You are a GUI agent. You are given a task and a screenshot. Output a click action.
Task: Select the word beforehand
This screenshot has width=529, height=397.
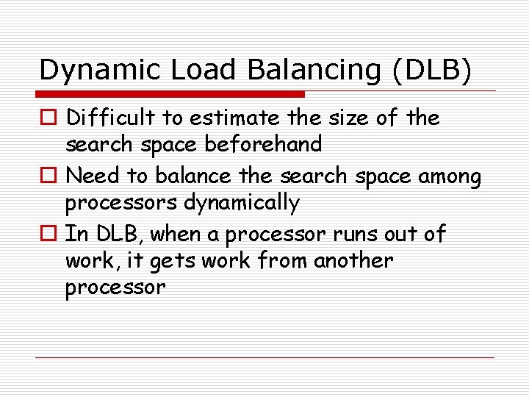[x=262, y=144]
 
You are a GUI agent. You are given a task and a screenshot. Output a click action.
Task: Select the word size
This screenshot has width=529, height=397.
[x=356, y=118]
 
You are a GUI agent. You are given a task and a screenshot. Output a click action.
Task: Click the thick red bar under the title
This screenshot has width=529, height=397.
[x=171, y=94]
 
